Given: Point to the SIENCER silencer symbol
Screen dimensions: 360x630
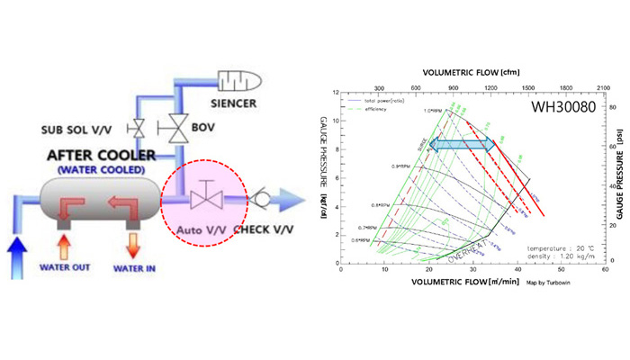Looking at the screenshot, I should tap(237, 82).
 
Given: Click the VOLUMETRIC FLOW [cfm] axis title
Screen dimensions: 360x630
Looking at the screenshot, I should tap(464, 62).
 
